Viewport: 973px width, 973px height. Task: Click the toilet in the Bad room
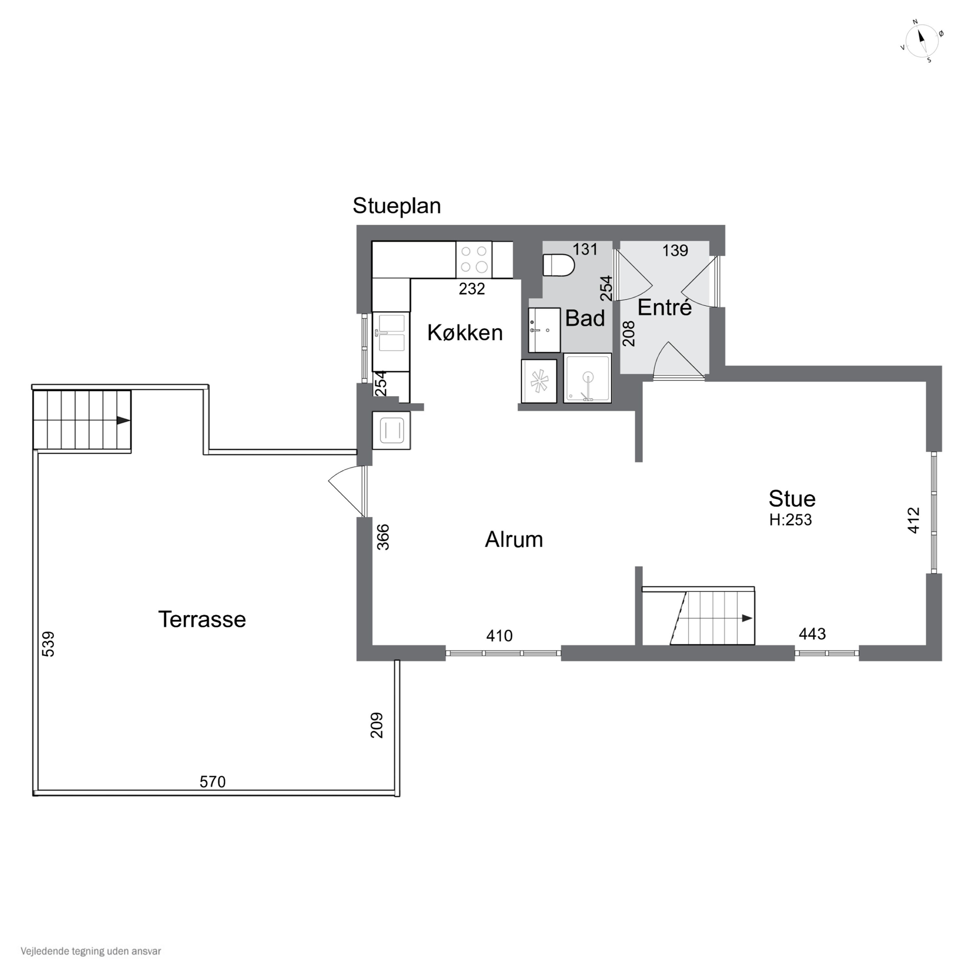559,265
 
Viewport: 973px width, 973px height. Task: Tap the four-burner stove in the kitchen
474,259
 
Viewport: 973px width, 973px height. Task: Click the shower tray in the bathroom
587,378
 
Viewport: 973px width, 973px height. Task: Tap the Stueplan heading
397,206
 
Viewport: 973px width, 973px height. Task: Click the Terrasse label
202,619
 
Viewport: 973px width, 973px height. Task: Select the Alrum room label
514,539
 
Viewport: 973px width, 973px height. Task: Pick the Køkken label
465,332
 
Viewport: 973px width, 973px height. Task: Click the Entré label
665,307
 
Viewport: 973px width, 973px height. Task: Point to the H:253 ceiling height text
790,520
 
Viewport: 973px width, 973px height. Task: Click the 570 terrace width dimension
212,782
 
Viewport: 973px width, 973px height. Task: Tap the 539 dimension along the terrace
48,644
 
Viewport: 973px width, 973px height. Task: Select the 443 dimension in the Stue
812,633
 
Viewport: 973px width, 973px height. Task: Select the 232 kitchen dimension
472,289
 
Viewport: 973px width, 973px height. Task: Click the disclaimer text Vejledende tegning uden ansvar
91,951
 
